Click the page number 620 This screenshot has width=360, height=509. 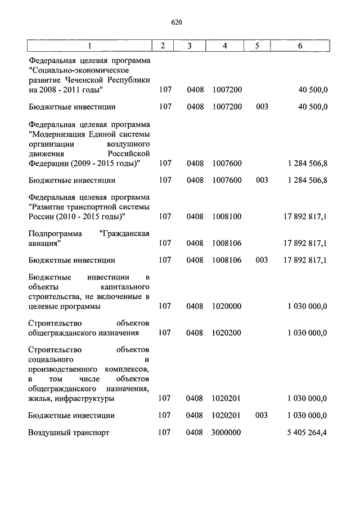pos(177,22)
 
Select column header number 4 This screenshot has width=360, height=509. pos(224,46)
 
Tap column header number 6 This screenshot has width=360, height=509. pos(301,46)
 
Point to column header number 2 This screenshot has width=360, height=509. pos(163,46)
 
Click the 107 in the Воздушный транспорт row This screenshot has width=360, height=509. pos(165,433)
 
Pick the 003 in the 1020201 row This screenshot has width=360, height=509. pos(262,415)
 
